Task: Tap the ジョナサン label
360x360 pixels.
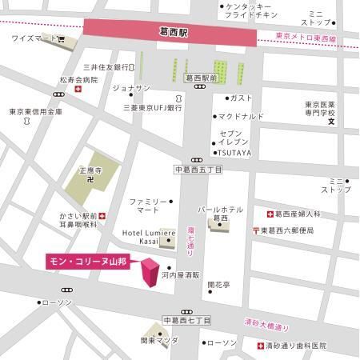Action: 131,88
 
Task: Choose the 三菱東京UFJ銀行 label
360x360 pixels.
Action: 153,106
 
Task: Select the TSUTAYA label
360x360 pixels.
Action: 234,151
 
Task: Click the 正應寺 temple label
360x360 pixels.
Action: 92,170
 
